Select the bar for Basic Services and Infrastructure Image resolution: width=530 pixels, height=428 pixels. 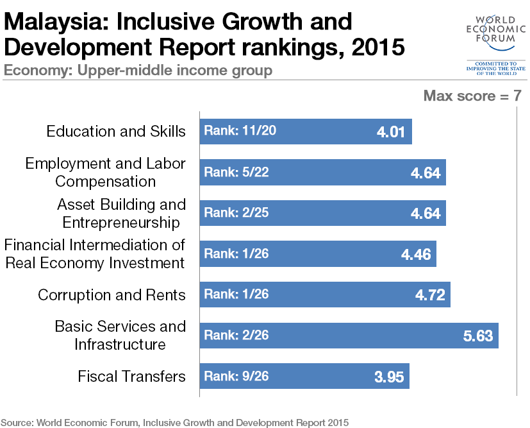pyautogui.click(x=349, y=336)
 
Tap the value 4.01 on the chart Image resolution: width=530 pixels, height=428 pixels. pyautogui.click(x=391, y=132)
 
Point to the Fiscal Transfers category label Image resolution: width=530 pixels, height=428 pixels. pyautogui.click(x=131, y=376)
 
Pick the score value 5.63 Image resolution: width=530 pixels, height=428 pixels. pyautogui.click(x=477, y=336)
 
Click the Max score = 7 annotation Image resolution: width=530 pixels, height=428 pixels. pyautogui.click(x=472, y=96)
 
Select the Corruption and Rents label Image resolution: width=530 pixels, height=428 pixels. pyautogui.click(x=112, y=295)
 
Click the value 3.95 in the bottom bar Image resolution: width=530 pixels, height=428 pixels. pyautogui.click(x=389, y=377)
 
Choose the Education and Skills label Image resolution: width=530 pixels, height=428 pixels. pyautogui.click(x=116, y=132)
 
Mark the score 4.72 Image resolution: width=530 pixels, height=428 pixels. pyautogui.click(x=429, y=295)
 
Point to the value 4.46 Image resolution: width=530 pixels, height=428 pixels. pyautogui.click(x=416, y=254)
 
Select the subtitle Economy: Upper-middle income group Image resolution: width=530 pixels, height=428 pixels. pyautogui.click(x=138, y=70)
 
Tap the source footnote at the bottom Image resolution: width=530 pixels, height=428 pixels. pyautogui.click(x=176, y=422)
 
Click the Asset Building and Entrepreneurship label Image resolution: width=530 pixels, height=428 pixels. pyautogui.click(x=121, y=213)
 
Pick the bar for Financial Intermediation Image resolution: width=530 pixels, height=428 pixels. pyautogui.click(x=317, y=253)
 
